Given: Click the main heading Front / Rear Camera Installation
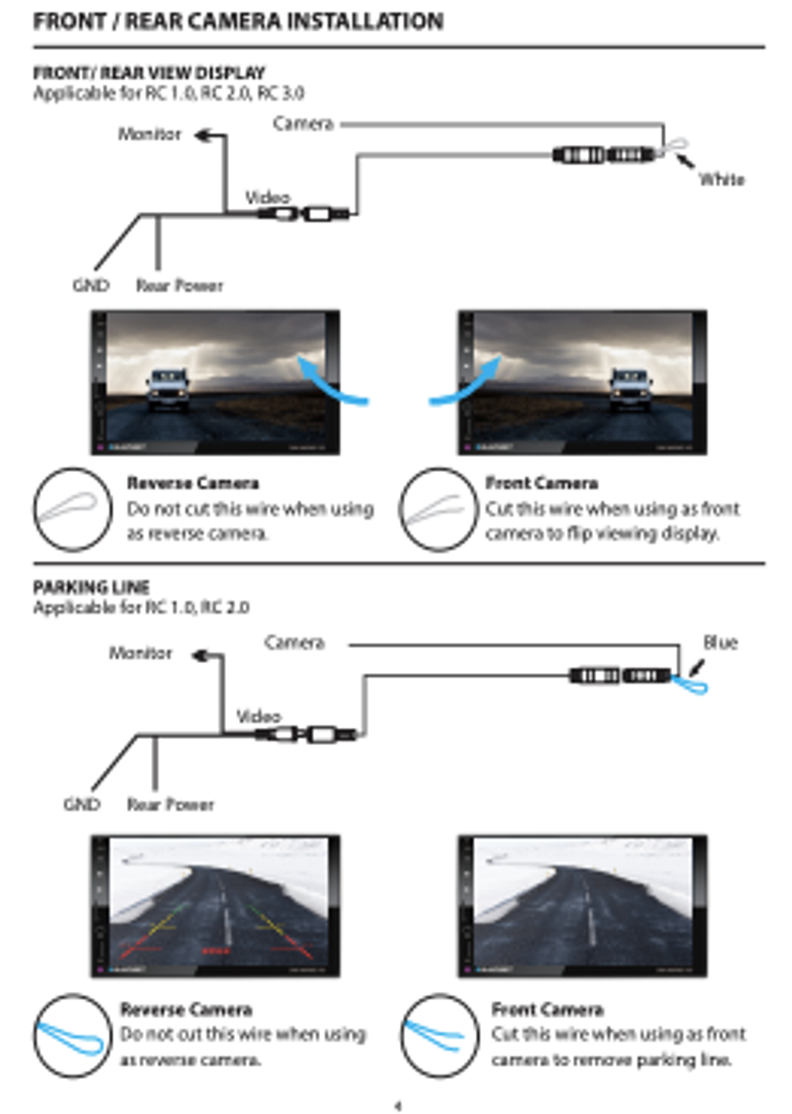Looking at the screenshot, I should click(x=238, y=21).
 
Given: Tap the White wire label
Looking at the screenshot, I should click(x=722, y=179).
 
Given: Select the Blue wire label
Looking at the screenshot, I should click(x=720, y=642).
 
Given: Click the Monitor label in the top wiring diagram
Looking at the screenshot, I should click(x=149, y=134).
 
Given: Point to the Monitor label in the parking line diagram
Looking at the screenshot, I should click(x=140, y=653).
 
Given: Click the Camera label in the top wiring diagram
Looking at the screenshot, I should click(x=302, y=124).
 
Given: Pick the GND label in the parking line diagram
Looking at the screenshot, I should click(x=82, y=805).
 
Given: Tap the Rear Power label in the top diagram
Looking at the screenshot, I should click(x=179, y=285).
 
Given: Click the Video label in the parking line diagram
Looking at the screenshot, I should click(x=258, y=716).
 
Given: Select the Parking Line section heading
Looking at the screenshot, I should click(x=91, y=587).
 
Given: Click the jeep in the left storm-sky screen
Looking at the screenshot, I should click(x=169, y=389).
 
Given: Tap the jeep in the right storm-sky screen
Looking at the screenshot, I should click(x=631, y=389).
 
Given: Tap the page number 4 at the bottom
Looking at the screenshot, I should click(x=398, y=1105).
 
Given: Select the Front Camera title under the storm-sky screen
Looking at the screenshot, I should click(x=541, y=484).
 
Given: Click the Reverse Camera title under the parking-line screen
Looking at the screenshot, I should click(x=186, y=1010).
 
